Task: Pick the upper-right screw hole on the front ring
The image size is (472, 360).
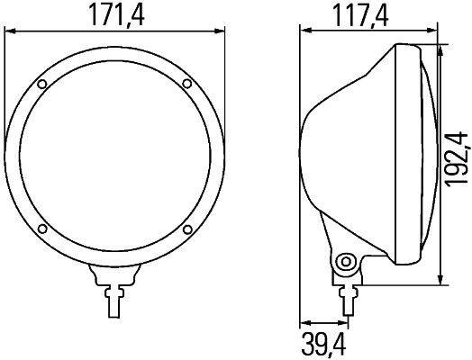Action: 186,85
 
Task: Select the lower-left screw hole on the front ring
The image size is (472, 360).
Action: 43,228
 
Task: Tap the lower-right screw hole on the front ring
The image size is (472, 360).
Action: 186,228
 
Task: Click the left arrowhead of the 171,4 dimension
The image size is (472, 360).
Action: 10,31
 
